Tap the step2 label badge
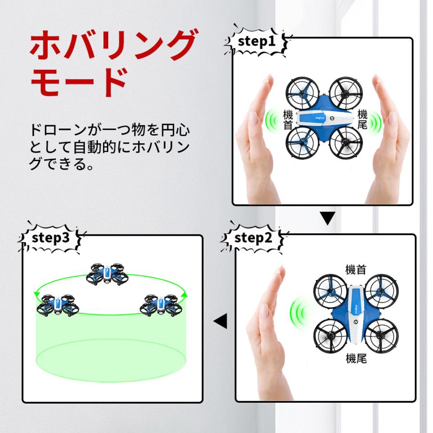(x=254, y=238)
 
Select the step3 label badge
(x=51, y=238)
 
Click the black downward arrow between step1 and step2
(x=328, y=219)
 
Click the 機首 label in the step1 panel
(x=288, y=120)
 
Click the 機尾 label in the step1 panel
(x=362, y=120)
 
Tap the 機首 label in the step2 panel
(x=356, y=269)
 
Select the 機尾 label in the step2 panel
(x=356, y=359)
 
